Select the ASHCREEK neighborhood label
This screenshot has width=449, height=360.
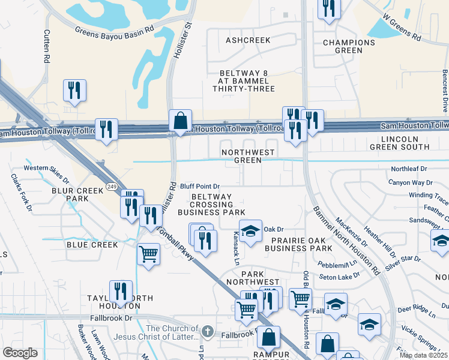coord(248,40)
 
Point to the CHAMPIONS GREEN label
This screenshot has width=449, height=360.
coord(349,46)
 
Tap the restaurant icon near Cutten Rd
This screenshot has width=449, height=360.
coord(74,91)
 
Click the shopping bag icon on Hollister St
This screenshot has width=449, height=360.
coord(180,120)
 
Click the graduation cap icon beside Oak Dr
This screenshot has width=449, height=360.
coord(250,230)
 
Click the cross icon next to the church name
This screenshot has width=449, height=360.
coord(207,331)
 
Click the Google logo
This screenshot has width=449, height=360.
coord(20,352)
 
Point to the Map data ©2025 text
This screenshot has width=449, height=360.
coord(423,355)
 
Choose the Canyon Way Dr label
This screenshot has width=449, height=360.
coord(411,182)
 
